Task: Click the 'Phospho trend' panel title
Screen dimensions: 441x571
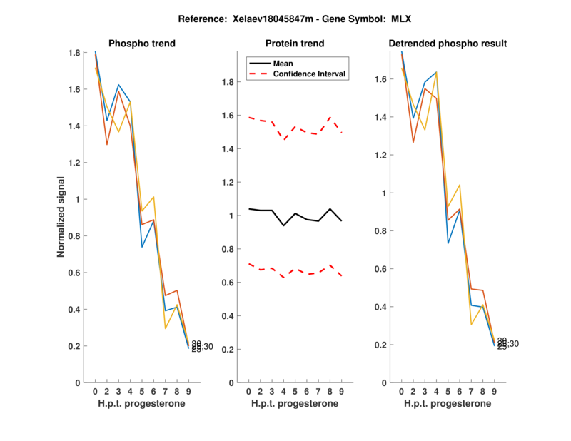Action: [x=141, y=44]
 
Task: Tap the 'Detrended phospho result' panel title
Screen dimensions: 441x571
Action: [x=448, y=44]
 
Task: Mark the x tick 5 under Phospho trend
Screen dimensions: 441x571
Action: [x=142, y=391]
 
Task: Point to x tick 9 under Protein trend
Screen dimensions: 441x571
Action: [x=342, y=391]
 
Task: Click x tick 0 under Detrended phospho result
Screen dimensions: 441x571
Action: [x=401, y=391]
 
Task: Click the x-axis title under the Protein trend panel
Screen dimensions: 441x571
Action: [x=294, y=404]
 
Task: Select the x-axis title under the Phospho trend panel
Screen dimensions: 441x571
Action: [x=141, y=404]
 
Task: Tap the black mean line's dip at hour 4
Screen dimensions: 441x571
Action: [x=284, y=225]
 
